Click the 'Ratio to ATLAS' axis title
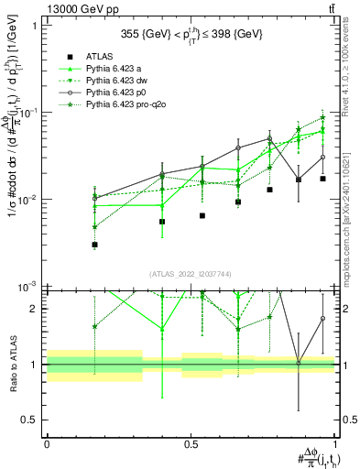(x=12, y=371)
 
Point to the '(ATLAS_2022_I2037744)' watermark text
(x=191, y=274)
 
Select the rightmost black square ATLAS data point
(x=323, y=179)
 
